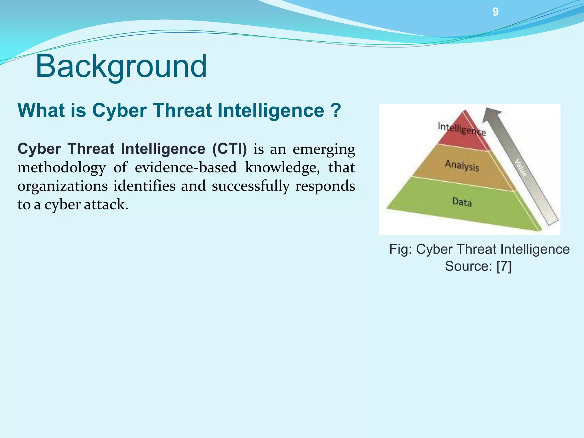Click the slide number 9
pyautogui.click(x=495, y=12)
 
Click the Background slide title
pyautogui.click(x=121, y=66)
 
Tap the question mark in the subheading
pyautogui.click(x=336, y=110)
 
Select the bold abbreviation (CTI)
pyautogui.click(x=230, y=149)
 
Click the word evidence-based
pyautogui.click(x=186, y=168)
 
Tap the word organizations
pyautogui.click(x=62, y=186)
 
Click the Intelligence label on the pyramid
pyautogui.click(x=462, y=129)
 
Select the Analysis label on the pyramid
pyautogui.click(x=462, y=165)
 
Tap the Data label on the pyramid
pyautogui.click(x=462, y=202)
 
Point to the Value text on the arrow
pyautogui.click(x=521, y=168)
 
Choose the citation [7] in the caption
pyautogui.click(x=504, y=266)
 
